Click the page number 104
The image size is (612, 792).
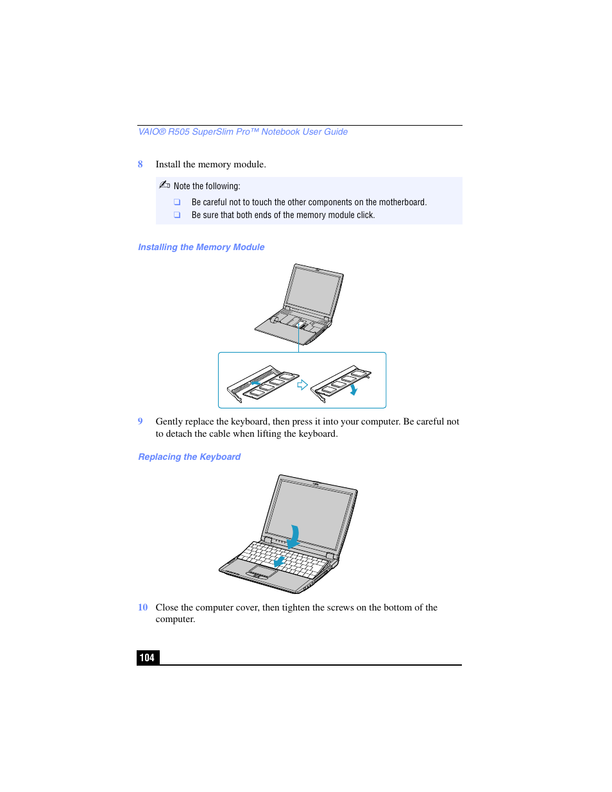[x=147, y=657]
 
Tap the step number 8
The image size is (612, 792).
[x=140, y=164]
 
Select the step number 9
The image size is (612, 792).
[x=140, y=421]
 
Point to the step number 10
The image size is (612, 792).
[x=142, y=607]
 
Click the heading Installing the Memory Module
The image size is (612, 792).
[x=201, y=247]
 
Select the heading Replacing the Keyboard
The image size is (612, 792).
[x=189, y=457]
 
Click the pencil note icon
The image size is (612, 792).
[x=164, y=185]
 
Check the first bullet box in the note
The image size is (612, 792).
[x=177, y=202]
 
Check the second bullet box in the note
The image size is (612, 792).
[x=177, y=215]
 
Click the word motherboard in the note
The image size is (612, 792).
[x=402, y=202]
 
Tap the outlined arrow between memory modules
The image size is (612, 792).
[x=302, y=385]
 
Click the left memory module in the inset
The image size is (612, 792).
[x=263, y=383]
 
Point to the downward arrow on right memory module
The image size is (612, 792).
[x=353, y=389]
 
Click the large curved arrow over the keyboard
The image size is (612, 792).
[x=294, y=536]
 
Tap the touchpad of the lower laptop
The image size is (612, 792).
[x=263, y=570]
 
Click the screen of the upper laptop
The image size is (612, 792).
[x=314, y=292]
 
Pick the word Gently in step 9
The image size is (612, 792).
[x=169, y=421]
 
